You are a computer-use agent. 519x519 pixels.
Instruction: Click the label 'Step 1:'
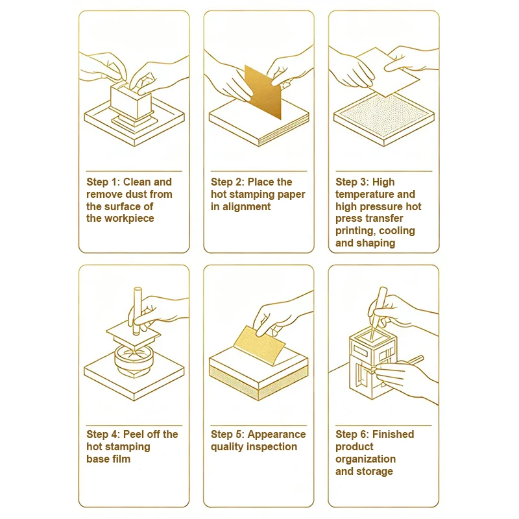(103, 182)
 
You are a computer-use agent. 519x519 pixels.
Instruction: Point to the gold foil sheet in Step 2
(263, 91)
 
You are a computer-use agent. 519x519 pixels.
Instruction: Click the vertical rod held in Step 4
(137, 311)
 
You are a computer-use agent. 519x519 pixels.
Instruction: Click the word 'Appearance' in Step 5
(277, 435)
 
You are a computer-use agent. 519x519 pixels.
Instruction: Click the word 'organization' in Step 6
(365, 459)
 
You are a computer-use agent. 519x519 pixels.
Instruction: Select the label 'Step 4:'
(103, 434)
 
